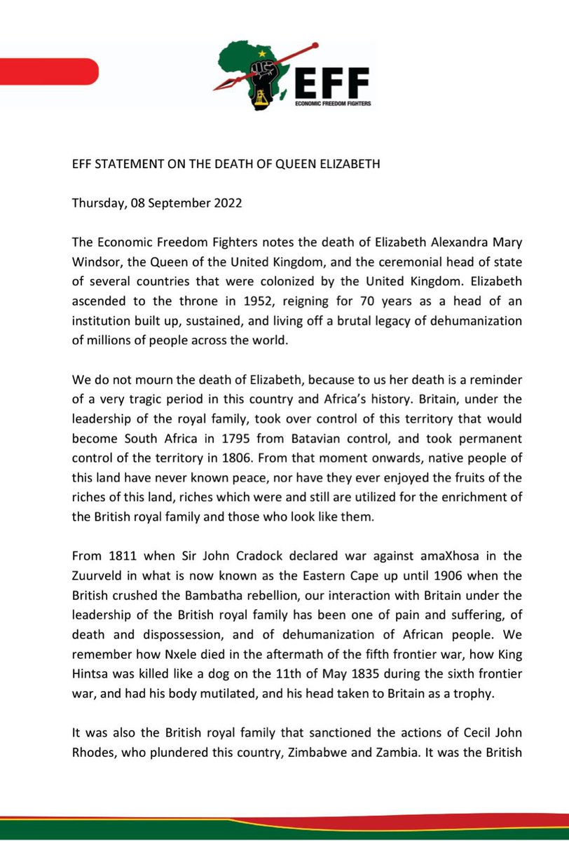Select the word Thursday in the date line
coord(97,205)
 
